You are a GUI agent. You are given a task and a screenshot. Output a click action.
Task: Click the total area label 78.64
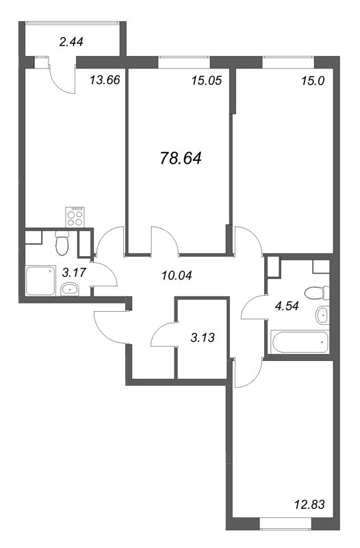pos(181,159)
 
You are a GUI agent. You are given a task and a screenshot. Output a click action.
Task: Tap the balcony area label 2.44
pos(71,42)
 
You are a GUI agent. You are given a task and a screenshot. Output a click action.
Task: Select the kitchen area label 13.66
pos(105,80)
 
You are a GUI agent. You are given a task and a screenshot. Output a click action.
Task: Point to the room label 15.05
pos(207,81)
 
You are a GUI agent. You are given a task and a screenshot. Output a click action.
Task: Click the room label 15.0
pos(313,81)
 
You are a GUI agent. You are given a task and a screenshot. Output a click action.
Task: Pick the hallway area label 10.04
pos(177,276)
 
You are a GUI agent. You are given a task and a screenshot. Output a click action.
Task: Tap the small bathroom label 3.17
pos(74,272)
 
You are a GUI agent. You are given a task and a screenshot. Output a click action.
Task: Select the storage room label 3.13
pos(203,338)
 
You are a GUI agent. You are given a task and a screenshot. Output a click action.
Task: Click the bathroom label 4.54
pos(287,306)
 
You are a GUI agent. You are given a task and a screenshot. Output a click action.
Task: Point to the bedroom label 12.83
pos(309,504)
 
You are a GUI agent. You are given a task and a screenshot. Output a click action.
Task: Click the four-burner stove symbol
pos(76,216)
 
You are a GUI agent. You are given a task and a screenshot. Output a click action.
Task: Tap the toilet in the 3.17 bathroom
pos(62,243)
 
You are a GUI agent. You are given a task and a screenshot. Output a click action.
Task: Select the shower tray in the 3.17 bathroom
pos(40,281)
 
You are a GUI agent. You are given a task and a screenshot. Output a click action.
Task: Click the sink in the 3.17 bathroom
pos(70,289)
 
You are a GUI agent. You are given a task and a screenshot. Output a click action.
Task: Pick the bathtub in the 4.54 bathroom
pos(300,342)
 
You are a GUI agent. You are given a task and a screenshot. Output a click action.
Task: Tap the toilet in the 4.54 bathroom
pos(317,292)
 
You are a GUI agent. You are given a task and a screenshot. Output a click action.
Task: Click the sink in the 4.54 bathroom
pos(322,315)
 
